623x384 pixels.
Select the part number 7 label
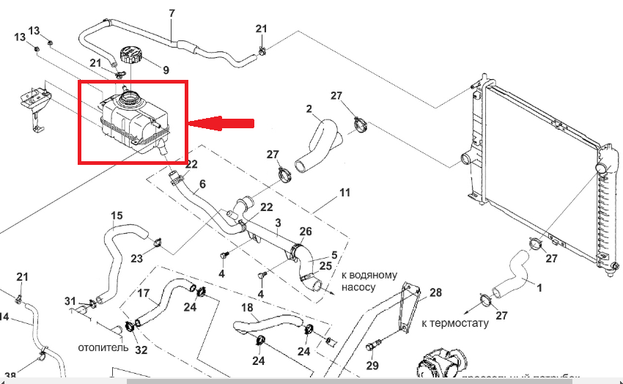172,13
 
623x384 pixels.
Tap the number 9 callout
166,70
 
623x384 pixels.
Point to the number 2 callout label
309,109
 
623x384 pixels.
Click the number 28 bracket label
436,292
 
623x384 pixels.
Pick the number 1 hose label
539,288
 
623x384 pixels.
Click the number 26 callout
305,232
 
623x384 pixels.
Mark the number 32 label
141,350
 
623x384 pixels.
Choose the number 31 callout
70,301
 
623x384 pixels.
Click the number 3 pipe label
278,222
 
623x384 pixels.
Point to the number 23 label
137,258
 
